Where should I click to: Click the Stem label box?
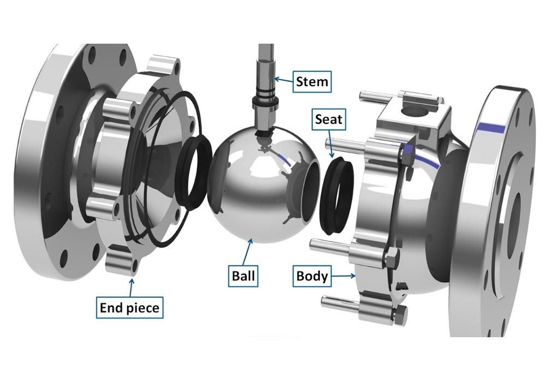312,82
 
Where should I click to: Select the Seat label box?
329,120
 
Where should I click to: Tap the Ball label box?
243,276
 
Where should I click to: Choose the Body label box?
312,276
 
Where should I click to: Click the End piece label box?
129,308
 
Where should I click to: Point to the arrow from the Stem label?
283,80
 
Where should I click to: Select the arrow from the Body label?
343,276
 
